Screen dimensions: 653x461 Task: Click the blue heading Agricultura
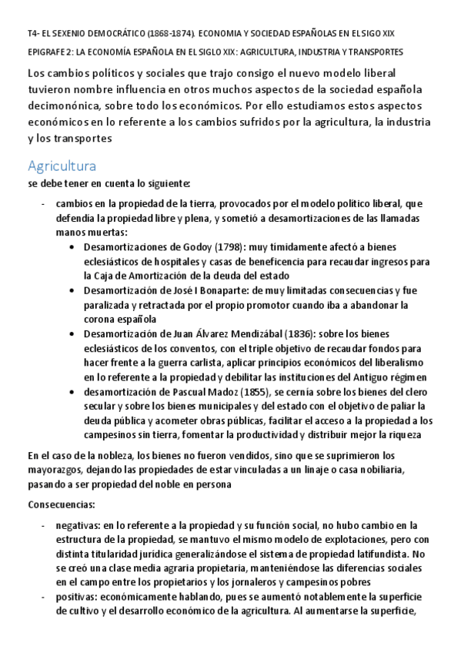click(62, 166)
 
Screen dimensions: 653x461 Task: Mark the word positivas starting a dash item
click(75, 597)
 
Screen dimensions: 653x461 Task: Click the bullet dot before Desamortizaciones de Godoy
click(71, 248)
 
